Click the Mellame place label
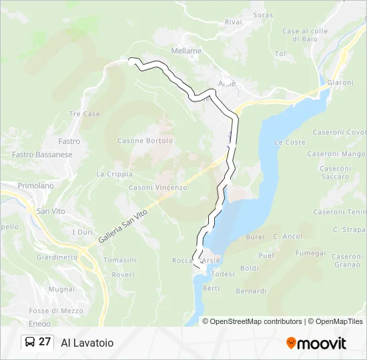(x=186, y=51)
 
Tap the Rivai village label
(x=233, y=22)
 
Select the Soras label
(x=263, y=15)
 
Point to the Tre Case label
(x=85, y=114)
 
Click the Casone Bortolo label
(x=145, y=141)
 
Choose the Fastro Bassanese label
(x=42, y=155)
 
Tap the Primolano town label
(x=35, y=185)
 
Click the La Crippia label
(x=115, y=174)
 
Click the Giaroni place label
(x=340, y=83)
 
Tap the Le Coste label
(x=290, y=143)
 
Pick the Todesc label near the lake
(x=224, y=274)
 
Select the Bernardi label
(x=251, y=291)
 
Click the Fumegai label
(x=310, y=253)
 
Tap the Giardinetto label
(x=58, y=257)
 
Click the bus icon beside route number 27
(x=30, y=343)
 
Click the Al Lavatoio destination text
(x=87, y=343)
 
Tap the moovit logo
(x=316, y=343)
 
